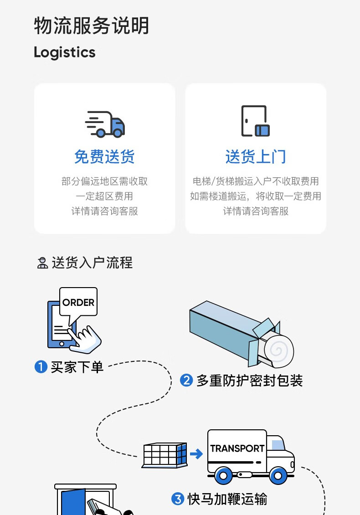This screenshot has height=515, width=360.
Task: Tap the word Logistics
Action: (x=65, y=52)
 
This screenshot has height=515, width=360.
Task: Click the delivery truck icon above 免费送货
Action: (x=105, y=124)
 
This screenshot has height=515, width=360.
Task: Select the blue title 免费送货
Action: (x=104, y=157)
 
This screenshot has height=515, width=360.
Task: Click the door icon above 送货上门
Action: (x=255, y=121)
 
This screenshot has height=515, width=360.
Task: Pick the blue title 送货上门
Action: (x=256, y=157)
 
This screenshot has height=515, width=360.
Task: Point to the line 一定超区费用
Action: (x=104, y=196)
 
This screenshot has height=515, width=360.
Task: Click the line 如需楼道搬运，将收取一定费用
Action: (x=256, y=196)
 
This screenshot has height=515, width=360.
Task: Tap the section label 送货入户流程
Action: (x=92, y=263)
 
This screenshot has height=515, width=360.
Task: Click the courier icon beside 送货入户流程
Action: (x=42, y=263)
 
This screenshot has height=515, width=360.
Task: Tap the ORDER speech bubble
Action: (x=78, y=303)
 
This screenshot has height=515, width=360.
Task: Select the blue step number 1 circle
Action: (x=41, y=367)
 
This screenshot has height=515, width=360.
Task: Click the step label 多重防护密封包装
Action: (x=249, y=381)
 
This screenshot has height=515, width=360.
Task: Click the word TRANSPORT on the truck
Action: (x=237, y=448)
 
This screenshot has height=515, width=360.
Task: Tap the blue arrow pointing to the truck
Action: (x=196, y=454)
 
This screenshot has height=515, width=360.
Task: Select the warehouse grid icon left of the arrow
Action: (x=165, y=455)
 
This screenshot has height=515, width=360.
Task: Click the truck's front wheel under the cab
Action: (x=278, y=476)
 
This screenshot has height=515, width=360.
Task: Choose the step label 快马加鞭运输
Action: (x=227, y=500)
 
